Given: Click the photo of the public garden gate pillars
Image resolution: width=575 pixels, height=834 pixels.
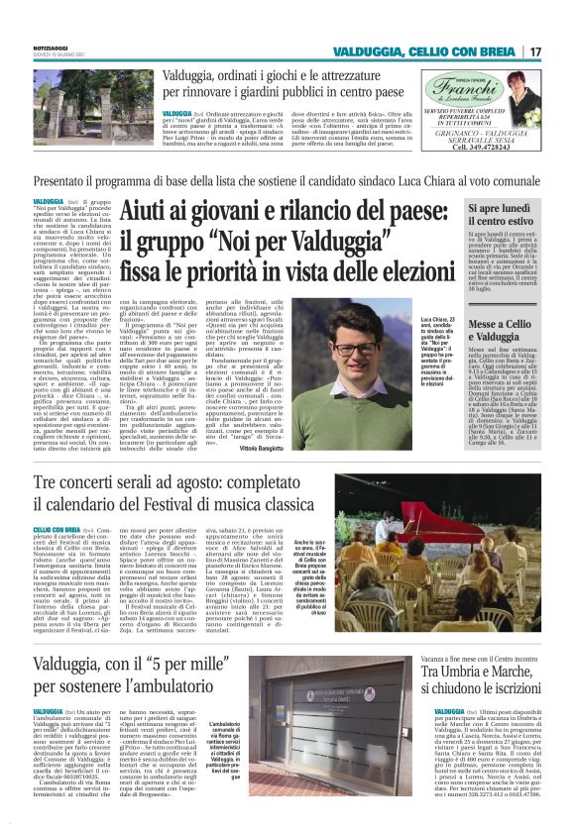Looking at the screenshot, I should [x=72, y=101].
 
